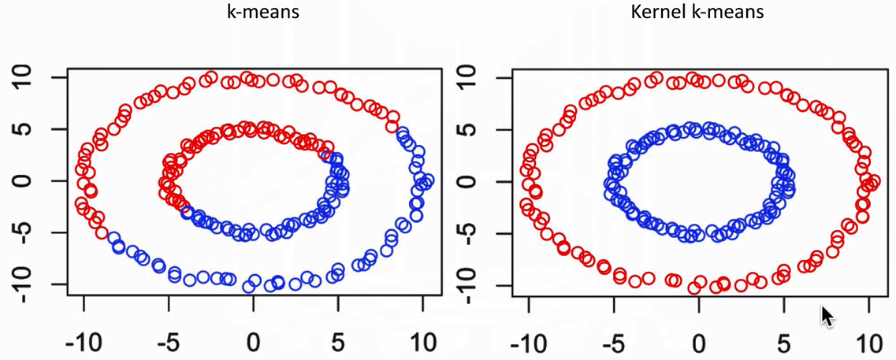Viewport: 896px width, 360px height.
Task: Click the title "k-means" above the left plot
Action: pyautogui.click(x=251, y=14)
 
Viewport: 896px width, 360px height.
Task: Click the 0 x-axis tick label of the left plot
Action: pyautogui.click(x=253, y=344)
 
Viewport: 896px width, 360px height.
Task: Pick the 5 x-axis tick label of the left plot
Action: pyautogui.click(x=338, y=344)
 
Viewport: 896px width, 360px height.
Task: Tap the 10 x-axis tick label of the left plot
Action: pyautogui.click(x=422, y=344)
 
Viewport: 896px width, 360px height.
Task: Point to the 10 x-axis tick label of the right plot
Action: pyautogui.click(x=868, y=344)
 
